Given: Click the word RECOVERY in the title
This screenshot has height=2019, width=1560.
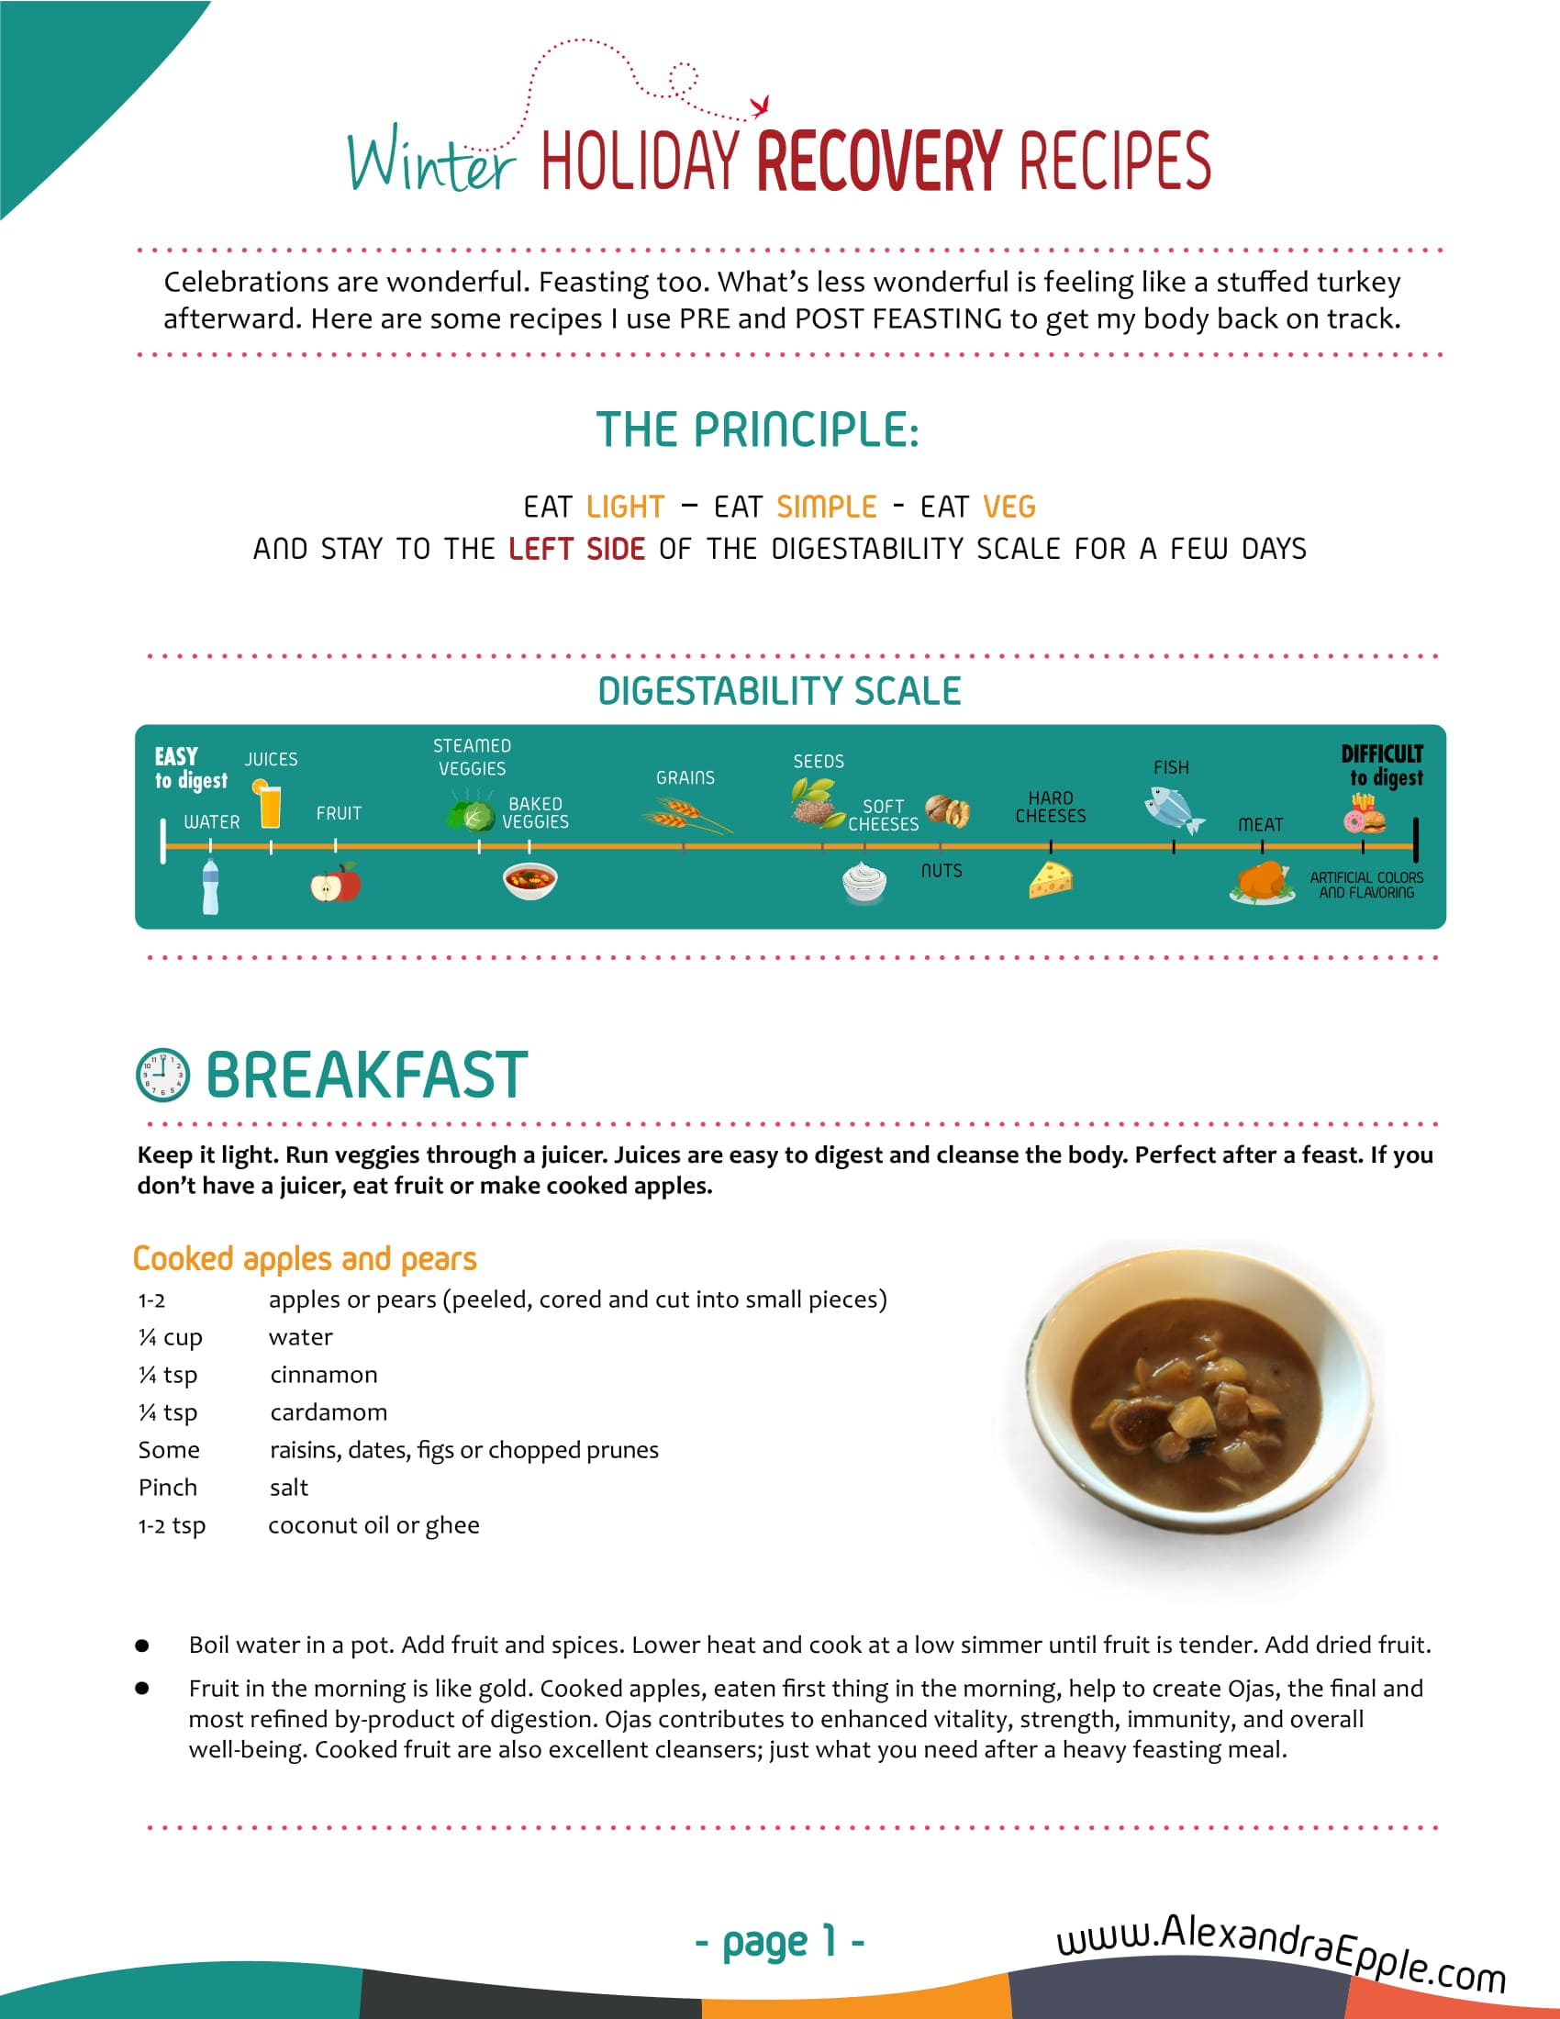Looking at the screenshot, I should (x=879, y=160).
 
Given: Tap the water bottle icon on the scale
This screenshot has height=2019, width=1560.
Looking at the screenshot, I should (x=211, y=887).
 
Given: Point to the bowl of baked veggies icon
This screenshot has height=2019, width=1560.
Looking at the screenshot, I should (x=529, y=880).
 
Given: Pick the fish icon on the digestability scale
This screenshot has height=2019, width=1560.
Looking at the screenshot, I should (x=1173, y=809).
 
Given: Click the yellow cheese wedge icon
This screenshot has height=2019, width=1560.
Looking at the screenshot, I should (x=1051, y=879).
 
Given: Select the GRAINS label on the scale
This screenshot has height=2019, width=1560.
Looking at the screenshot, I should (x=685, y=778).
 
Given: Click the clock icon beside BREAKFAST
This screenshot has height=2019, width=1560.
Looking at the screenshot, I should (x=162, y=1076).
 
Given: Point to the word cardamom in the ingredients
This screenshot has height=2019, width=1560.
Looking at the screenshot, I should (x=329, y=1411).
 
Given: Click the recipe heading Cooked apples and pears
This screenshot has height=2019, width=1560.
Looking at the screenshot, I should (x=304, y=1258).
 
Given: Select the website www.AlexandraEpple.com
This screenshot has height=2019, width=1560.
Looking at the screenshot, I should (x=1281, y=1949).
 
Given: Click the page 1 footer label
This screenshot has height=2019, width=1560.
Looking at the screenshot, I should (x=779, y=1941).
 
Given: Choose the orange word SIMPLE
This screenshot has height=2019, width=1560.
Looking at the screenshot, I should (x=826, y=507).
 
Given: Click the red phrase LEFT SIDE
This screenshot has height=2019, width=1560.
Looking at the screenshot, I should (x=576, y=549).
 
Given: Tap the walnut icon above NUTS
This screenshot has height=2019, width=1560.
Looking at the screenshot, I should (x=948, y=810).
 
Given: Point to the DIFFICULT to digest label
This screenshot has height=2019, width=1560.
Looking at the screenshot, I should (x=1383, y=765).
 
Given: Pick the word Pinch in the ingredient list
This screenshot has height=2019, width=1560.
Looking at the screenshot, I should (x=167, y=1488).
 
